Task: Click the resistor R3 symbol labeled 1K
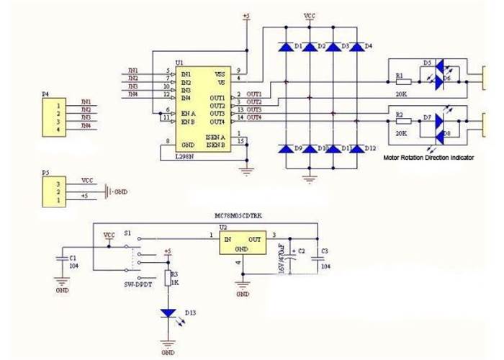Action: (x=168, y=279)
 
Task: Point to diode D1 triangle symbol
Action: (x=286, y=47)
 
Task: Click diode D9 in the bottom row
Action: (x=286, y=148)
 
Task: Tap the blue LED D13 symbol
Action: (x=168, y=313)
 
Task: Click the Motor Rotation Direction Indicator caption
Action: (x=428, y=158)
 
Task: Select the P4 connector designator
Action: (x=45, y=94)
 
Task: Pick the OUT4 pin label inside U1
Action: (x=218, y=121)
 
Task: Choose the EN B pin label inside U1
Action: (x=189, y=120)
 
